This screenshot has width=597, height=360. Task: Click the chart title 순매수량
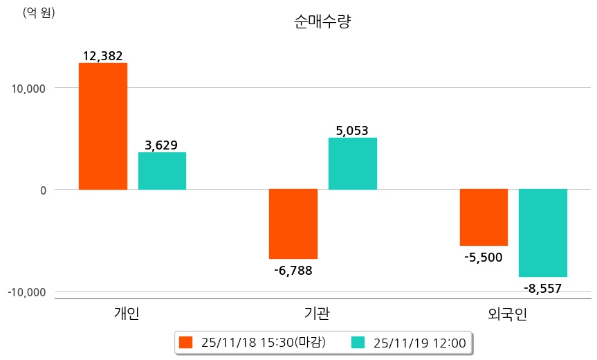[322, 22]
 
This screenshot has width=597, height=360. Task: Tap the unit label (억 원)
[39, 12]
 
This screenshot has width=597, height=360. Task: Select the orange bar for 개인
[102, 126]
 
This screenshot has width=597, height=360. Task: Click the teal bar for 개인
[162, 171]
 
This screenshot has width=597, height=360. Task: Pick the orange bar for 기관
[293, 224]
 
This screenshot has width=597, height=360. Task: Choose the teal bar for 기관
[352, 163]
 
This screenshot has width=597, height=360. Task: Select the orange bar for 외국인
[484, 217]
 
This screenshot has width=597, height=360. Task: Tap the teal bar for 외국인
[542, 233]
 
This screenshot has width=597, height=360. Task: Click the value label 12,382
[102, 56]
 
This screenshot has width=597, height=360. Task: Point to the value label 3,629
[161, 145]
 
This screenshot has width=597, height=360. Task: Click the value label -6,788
[293, 270]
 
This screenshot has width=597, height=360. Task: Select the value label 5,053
[352, 131]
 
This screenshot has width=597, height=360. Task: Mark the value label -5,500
[484, 258]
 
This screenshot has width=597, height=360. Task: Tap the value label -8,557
[542, 288]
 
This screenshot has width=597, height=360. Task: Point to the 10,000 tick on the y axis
[26, 89]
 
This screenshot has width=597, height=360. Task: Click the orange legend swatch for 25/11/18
[185, 342]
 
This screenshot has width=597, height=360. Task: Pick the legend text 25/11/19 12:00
[419, 342]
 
